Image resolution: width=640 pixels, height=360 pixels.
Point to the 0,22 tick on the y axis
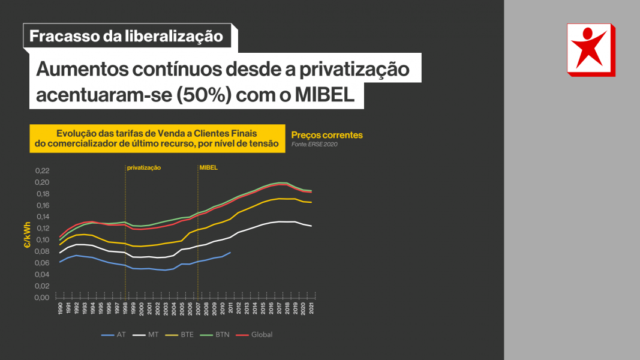click(x=41, y=171)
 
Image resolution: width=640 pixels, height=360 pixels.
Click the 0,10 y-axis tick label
click(x=41, y=240)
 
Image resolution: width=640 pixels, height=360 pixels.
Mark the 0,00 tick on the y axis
click(x=41, y=298)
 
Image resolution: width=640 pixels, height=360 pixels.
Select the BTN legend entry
click(x=222, y=334)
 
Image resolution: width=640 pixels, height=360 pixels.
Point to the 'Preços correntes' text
click(x=326, y=135)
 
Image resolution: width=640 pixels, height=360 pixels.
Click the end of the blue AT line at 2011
click(x=230, y=253)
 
